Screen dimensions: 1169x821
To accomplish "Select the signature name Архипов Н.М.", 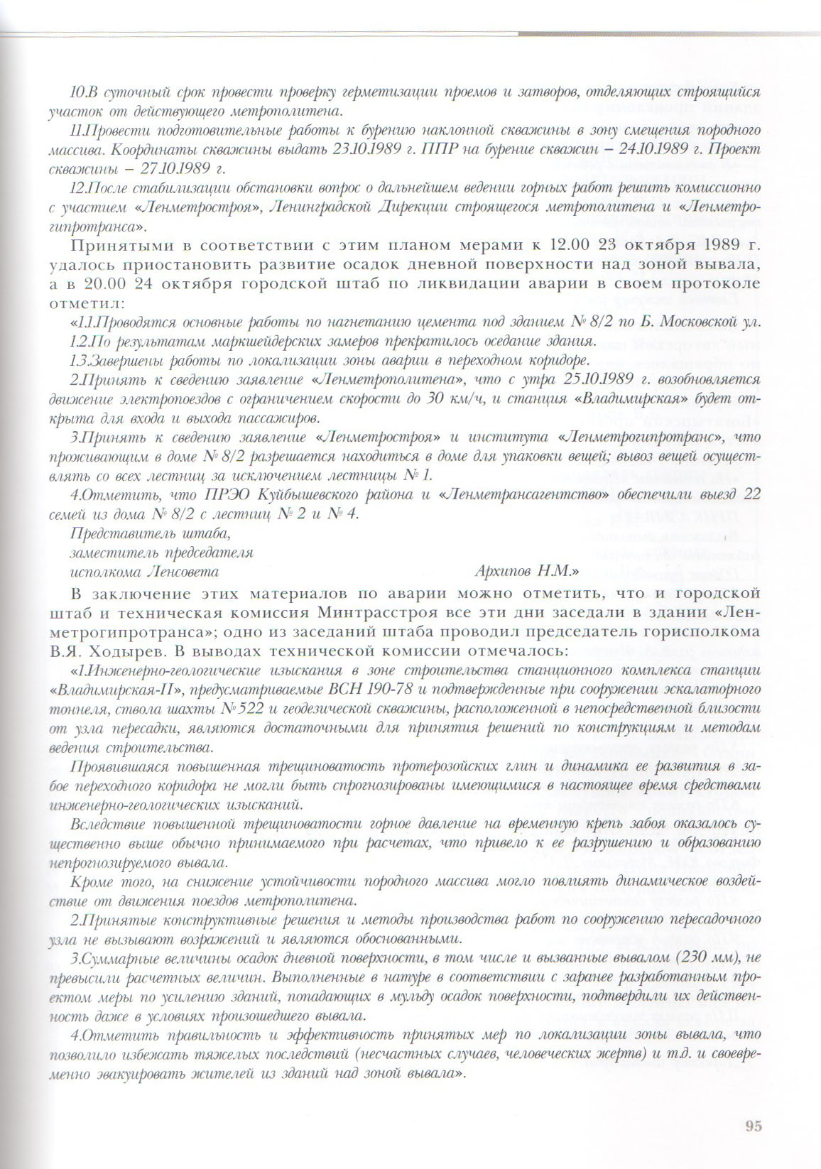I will click(x=526, y=570).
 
